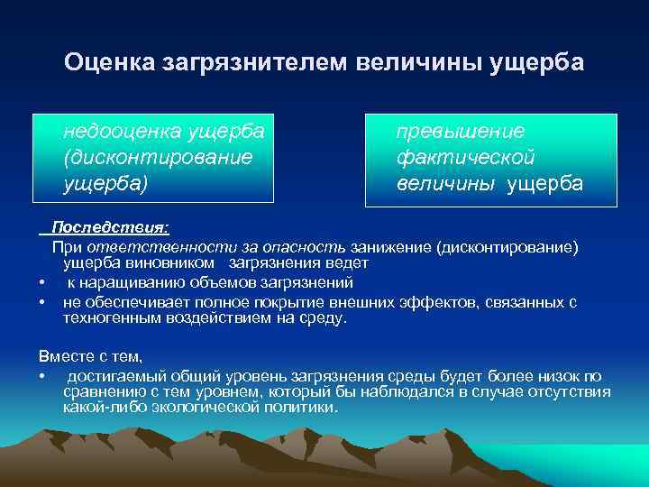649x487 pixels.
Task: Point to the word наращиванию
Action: [130, 283]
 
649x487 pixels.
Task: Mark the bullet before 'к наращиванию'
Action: [42, 283]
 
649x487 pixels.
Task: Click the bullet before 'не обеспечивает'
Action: [42, 302]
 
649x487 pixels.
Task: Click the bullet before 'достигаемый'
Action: [42, 375]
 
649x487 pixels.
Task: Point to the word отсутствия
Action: [571, 392]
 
